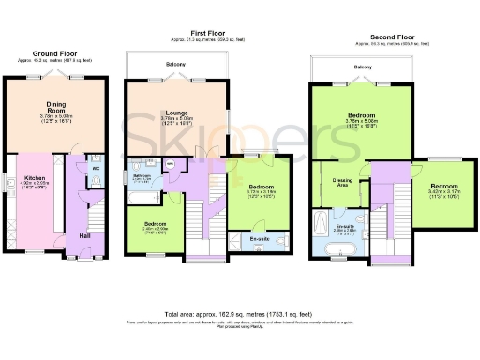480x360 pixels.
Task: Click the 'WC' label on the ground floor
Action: pos(96,170)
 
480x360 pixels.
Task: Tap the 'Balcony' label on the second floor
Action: pos(364,67)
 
